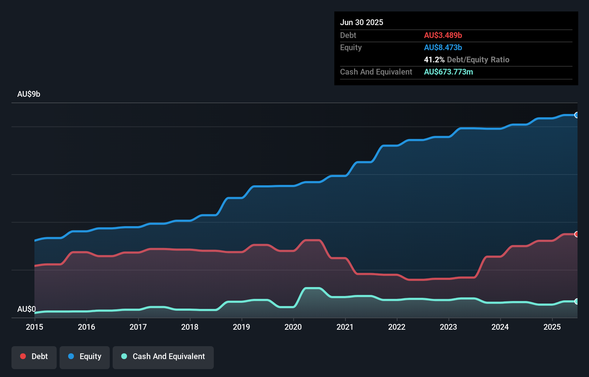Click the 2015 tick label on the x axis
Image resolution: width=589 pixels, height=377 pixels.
34,327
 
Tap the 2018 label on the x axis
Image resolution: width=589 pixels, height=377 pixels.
190,327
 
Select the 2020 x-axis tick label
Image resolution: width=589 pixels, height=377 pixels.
293,327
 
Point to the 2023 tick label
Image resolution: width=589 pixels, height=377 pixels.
448,327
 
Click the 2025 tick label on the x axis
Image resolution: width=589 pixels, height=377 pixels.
552,327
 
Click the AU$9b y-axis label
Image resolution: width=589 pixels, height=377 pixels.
29,94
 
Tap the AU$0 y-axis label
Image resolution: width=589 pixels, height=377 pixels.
27,309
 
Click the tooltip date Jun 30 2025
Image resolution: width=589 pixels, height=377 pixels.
362,22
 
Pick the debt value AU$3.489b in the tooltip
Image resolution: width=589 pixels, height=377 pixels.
443,35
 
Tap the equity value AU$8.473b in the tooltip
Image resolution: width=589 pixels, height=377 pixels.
443,47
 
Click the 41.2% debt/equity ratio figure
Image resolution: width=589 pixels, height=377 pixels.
434,59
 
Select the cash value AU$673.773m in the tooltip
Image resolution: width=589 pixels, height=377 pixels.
448,72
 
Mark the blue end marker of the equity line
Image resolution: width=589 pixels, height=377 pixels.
576,115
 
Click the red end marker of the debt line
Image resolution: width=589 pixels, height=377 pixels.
576,234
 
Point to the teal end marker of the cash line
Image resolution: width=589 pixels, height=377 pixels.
576,301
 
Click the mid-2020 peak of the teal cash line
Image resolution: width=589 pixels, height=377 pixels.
312,288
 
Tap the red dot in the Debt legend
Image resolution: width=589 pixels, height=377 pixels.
23,356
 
